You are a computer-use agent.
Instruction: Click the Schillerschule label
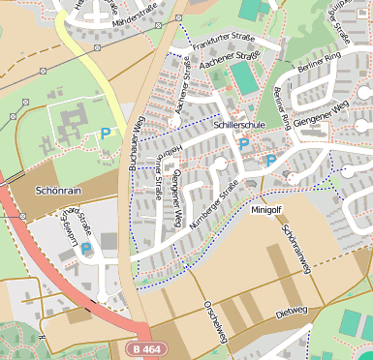pos(239,126)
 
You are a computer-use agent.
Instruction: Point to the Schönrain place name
pos(54,191)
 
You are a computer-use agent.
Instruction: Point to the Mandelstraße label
pos(135,19)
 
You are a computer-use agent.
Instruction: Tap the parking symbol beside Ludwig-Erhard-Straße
pos(87,249)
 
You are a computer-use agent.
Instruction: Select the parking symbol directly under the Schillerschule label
pos(244,144)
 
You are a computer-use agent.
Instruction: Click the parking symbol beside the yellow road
pos(105,133)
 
